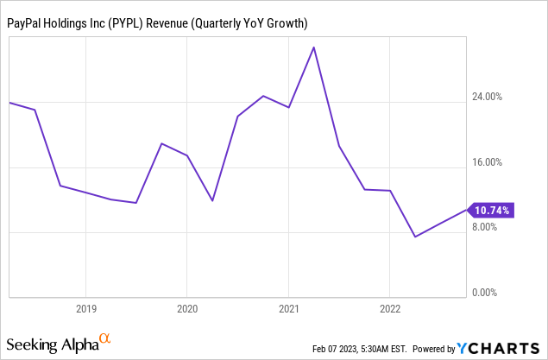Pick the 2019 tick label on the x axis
click(85, 308)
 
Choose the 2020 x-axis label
click(187, 308)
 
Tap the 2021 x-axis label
click(289, 308)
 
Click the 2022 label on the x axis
click(390, 308)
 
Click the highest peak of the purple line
click(314, 47)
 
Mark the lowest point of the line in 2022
click(415, 237)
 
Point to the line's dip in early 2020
click(212, 200)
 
